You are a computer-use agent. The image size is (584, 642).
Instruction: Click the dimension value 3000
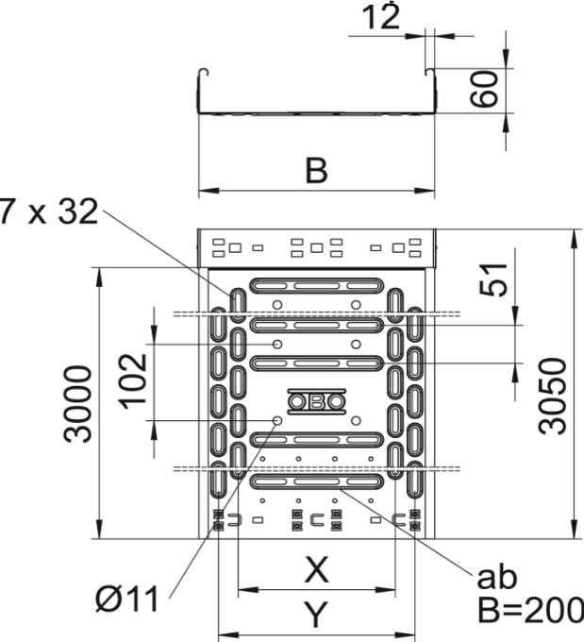pyautogui.click(x=80, y=403)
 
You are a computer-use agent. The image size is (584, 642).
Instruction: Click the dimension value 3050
pyautogui.click(x=556, y=395)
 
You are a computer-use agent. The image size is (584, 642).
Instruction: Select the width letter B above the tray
pyautogui.click(x=317, y=171)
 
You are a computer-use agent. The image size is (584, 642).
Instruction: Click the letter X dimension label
pyautogui.click(x=317, y=569)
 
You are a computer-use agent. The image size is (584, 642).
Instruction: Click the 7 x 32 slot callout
pyautogui.click(x=49, y=212)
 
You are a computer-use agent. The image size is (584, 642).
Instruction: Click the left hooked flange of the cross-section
pyautogui.click(x=201, y=74)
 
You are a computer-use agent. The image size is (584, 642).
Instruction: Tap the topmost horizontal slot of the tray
pyautogui.click(x=317, y=284)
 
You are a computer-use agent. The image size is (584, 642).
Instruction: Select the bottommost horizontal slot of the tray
pyautogui.click(x=317, y=481)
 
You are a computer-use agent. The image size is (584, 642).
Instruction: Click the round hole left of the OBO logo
pyautogui.click(x=276, y=420)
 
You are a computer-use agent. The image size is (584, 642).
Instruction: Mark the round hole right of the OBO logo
pyautogui.click(x=356, y=420)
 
